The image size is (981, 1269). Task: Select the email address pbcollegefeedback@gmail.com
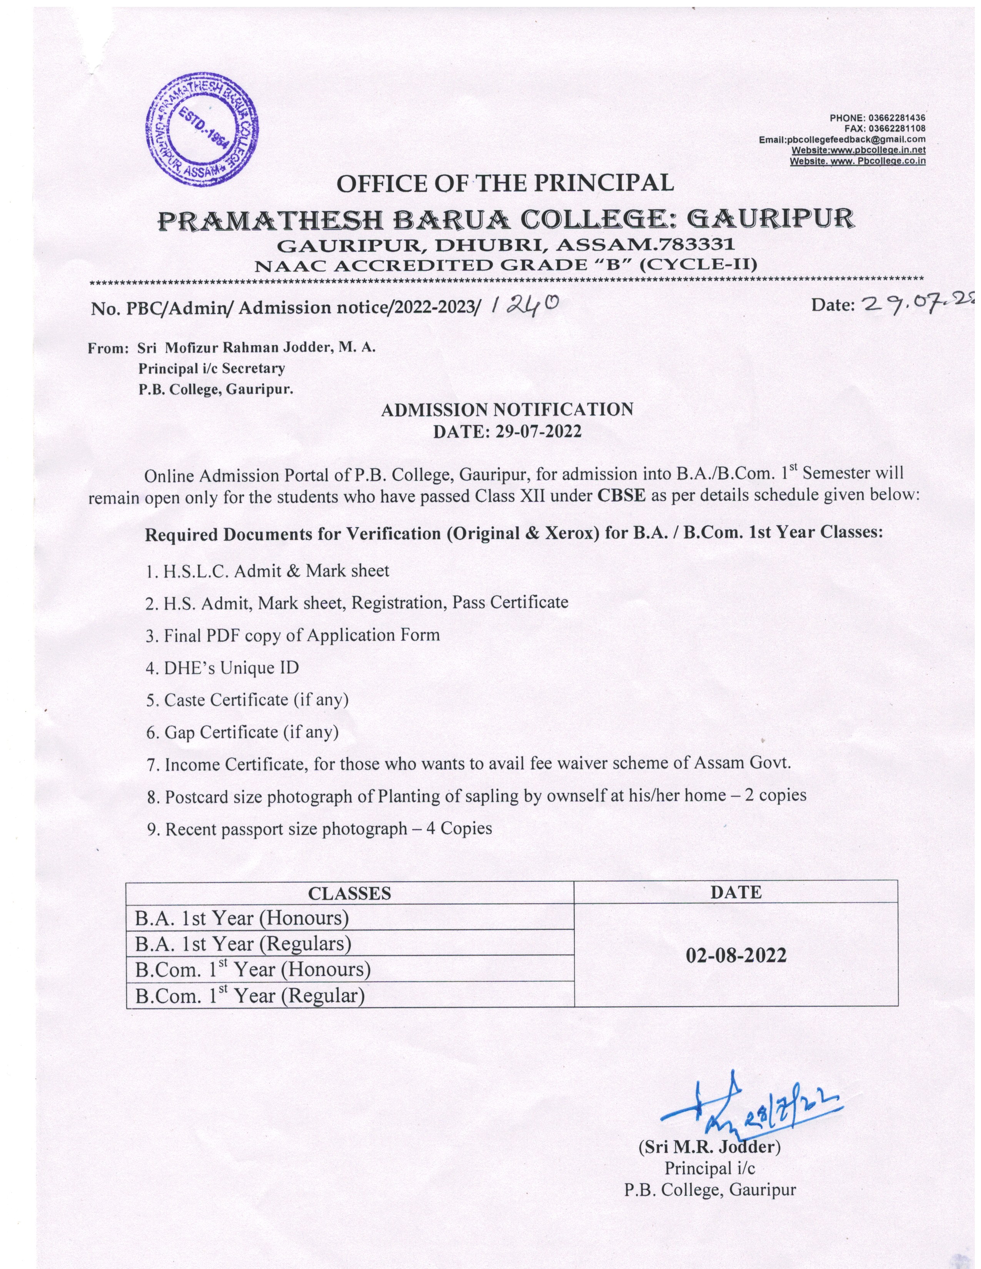click(x=856, y=140)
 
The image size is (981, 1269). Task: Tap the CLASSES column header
click(x=349, y=893)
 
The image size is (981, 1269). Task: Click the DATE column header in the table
click(x=735, y=892)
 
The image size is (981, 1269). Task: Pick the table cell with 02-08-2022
click(x=736, y=955)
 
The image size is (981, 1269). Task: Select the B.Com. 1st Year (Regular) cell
click(x=250, y=996)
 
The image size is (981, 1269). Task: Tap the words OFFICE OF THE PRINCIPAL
click(x=505, y=183)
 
